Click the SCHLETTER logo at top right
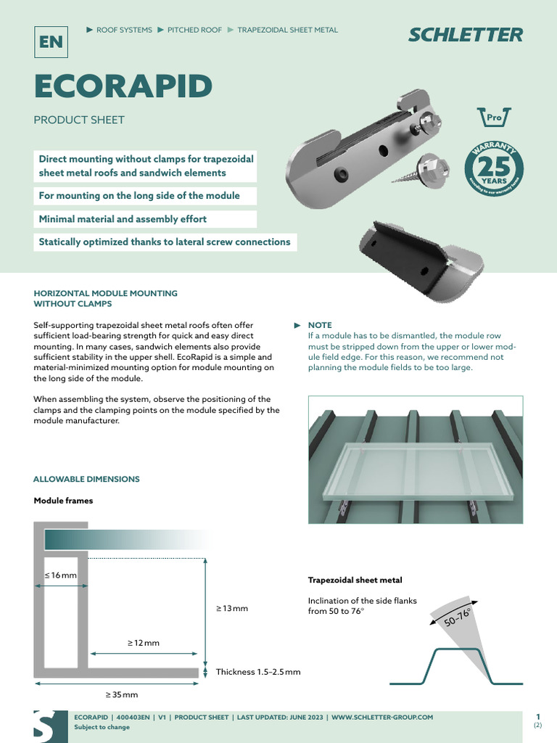pyautogui.click(x=465, y=34)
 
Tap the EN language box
pyautogui.click(x=51, y=42)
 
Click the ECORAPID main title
pyautogui.click(x=123, y=87)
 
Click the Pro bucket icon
pyautogui.click(x=494, y=116)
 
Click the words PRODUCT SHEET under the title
pyautogui.click(x=79, y=120)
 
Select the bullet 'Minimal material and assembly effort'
pyautogui.click(x=123, y=219)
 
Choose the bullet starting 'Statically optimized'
pyautogui.click(x=165, y=242)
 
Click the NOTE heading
pyautogui.click(x=320, y=325)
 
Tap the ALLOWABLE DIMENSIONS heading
pyautogui.click(x=86, y=479)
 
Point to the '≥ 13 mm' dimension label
pyautogui.click(x=232, y=608)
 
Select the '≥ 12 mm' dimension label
pyautogui.click(x=144, y=643)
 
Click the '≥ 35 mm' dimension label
pyautogui.click(x=122, y=694)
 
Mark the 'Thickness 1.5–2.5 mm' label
pyautogui.click(x=258, y=672)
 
